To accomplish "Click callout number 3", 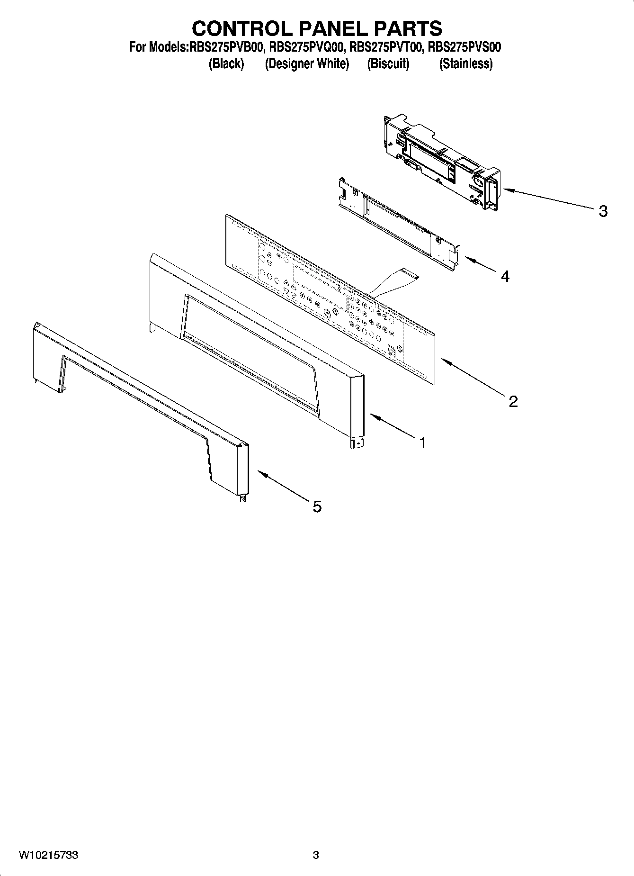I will click(x=603, y=211).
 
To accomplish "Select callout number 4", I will click(x=505, y=276).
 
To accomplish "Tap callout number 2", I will click(x=513, y=401).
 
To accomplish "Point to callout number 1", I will click(x=422, y=443).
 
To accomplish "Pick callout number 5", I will click(x=317, y=507).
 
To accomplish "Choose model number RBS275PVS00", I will click(x=464, y=47).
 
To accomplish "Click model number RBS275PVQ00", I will click(x=306, y=47).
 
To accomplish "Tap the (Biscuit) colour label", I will click(x=388, y=63).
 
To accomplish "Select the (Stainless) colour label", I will click(x=466, y=63).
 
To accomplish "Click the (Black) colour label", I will click(x=226, y=63).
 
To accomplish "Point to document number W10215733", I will click(x=48, y=855).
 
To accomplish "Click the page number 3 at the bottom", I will click(x=316, y=855).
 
